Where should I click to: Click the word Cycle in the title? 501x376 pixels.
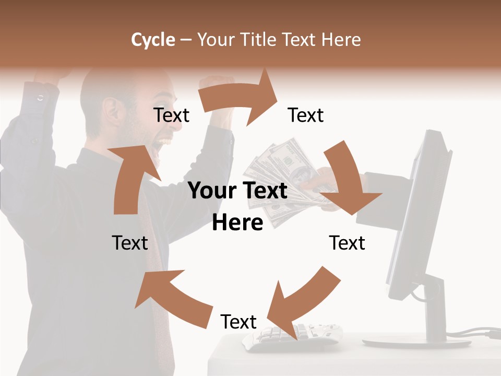[x=153, y=40]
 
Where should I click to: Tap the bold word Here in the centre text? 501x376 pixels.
[x=237, y=222]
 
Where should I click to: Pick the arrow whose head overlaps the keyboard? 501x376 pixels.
[x=300, y=303]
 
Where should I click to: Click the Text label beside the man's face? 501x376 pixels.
[x=171, y=115]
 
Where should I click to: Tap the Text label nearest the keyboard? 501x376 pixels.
[x=238, y=322]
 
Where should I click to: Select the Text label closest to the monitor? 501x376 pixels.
[x=347, y=243]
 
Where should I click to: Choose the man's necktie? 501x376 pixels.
[x=157, y=292]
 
